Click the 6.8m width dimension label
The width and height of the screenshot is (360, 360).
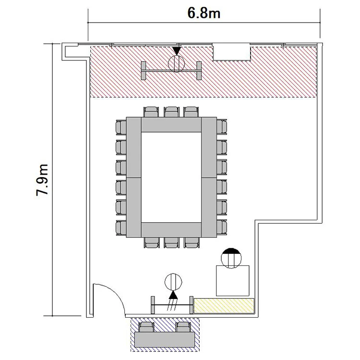204,13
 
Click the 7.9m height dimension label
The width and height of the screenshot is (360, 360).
43,180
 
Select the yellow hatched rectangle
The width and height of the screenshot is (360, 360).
224,306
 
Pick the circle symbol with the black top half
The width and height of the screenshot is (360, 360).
231,258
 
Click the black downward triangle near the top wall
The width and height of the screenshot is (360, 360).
177,51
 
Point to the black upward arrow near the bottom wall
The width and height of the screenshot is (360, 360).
173,295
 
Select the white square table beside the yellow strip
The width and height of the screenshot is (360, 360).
233,281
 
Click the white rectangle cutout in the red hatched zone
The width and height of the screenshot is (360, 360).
231,52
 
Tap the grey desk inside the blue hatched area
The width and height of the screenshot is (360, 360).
165,339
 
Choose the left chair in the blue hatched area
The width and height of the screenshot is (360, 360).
146,327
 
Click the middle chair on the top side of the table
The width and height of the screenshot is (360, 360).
171,112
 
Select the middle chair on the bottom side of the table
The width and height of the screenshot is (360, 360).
171,243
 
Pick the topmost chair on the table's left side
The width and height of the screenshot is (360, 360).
121,127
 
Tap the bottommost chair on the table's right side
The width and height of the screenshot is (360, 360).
222,228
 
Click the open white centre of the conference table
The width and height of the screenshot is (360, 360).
171,177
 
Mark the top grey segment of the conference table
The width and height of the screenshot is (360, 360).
171,125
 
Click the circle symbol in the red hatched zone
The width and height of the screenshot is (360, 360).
177,63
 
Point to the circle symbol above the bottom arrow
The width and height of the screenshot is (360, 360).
173,282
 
